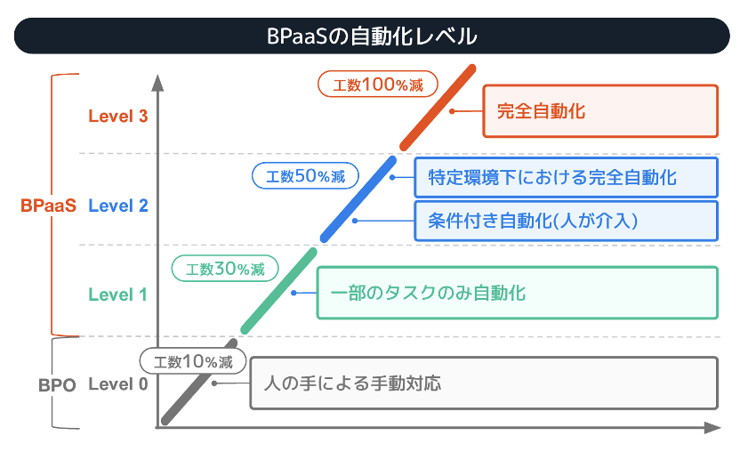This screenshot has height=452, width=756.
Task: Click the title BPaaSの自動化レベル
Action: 372,36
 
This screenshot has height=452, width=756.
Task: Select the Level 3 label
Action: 117,115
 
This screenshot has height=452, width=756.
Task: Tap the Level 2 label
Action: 117,206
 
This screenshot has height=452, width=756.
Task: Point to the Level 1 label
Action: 117,295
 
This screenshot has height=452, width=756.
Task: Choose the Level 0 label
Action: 117,384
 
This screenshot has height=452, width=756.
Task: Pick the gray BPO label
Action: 57,385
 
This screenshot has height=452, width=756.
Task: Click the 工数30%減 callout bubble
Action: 224,268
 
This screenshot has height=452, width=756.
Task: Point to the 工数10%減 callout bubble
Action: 192,361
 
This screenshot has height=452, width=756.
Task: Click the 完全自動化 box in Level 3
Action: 599,111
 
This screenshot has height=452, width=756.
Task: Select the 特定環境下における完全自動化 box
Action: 566,177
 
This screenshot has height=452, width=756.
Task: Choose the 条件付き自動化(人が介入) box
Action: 566,221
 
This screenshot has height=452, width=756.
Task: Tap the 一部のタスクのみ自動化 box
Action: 517,293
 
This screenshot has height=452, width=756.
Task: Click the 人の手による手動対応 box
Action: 483,383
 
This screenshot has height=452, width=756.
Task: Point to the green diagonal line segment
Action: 279,291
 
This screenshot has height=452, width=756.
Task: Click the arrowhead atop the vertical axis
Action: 158,83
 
